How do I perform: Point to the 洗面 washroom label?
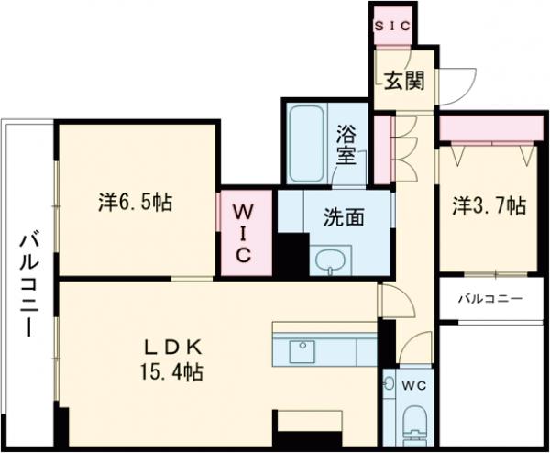coord(344,217)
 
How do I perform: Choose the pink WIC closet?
coord(245,232)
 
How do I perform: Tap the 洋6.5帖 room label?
coord(135,202)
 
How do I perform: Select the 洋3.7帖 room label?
coord(489,206)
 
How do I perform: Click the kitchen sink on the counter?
coord(302,350)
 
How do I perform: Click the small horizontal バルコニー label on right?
coord(490,299)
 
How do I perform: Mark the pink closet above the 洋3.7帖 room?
coord(486,129)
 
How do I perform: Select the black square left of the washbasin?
coord(293,252)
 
